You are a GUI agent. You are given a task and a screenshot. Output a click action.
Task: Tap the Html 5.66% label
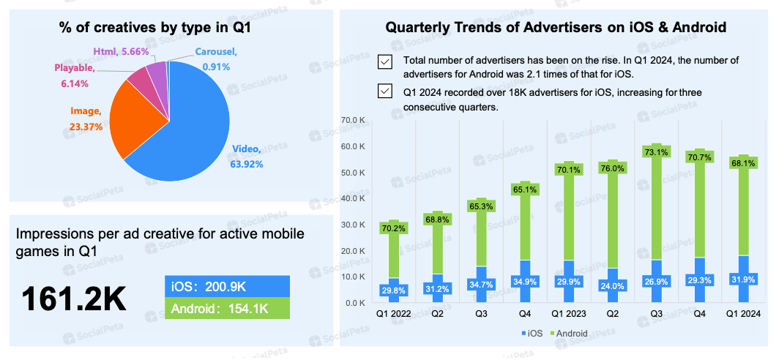click(x=121, y=52)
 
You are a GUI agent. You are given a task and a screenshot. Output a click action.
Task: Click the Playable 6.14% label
click(x=74, y=75)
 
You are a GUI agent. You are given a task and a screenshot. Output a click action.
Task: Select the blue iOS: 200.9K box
click(x=228, y=286)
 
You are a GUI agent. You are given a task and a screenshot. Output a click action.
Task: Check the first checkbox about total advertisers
click(x=385, y=61)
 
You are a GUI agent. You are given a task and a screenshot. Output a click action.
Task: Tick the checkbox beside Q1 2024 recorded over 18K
click(x=385, y=91)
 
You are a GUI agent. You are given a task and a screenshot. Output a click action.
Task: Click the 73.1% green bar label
click(x=657, y=152)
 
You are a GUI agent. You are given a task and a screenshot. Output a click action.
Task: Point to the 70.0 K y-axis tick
click(x=354, y=120)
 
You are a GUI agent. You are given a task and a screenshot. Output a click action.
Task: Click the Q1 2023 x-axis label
click(x=569, y=313)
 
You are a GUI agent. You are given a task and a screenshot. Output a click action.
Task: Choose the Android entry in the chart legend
click(x=570, y=334)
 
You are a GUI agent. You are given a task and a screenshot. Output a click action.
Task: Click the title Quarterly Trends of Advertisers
click(x=556, y=28)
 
